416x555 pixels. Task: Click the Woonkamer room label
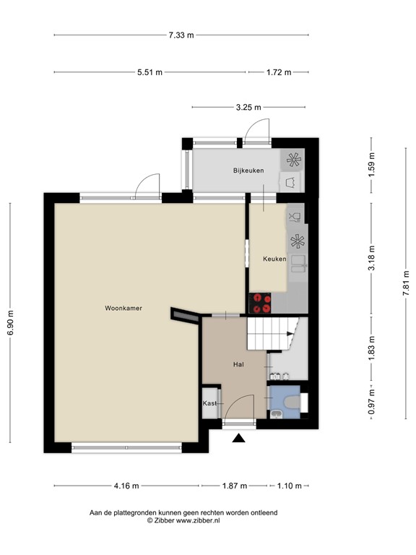(x=123, y=308)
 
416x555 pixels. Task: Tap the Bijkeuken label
(x=248, y=171)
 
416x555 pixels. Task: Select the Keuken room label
(x=274, y=259)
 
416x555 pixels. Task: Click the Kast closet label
(x=209, y=403)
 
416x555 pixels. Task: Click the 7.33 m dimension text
(x=181, y=35)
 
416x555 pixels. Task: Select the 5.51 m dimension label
(x=150, y=72)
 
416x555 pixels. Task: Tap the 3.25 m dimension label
(x=249, y=107)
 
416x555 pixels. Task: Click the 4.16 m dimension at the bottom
(x=126, y=486)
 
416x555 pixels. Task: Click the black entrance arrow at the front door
(x=239, y=436)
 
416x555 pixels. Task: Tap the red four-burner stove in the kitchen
(x=261, y=304)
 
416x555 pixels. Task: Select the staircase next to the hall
(x=272, y=333)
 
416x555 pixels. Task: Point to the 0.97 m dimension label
(x=372, y=408)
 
